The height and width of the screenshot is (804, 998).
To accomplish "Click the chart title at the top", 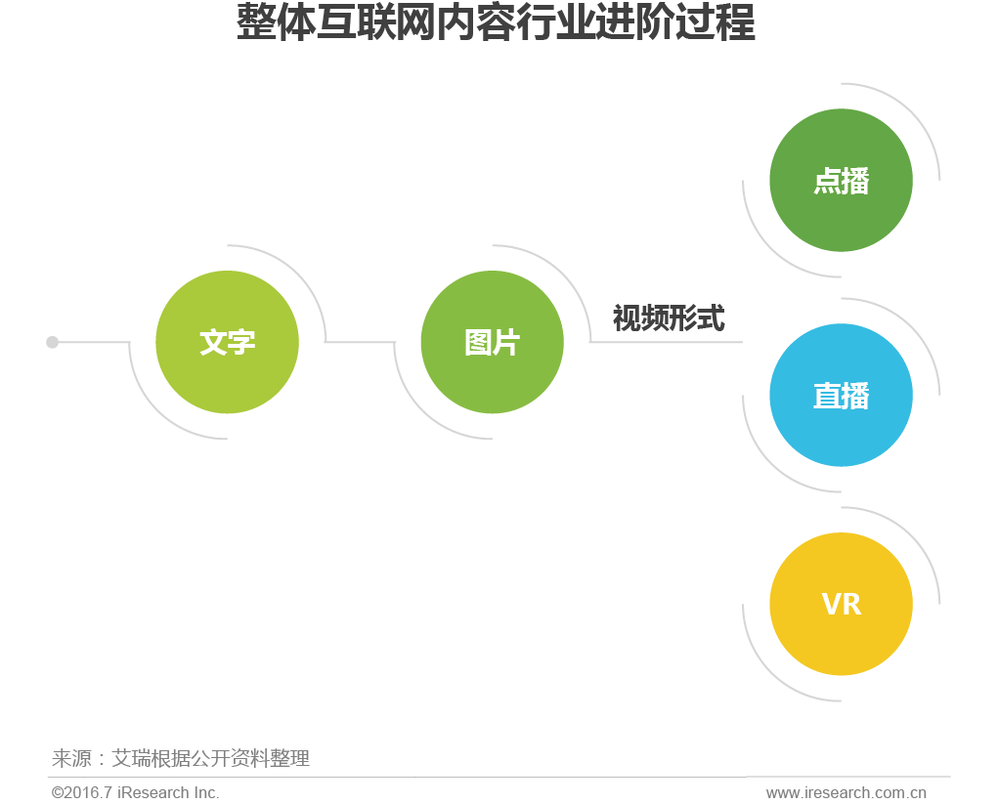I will click(x=496, y=24).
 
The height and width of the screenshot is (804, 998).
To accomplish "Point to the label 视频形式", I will click(x=669, y=318).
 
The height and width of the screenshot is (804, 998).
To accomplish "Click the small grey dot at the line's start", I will click(x=53, y=342).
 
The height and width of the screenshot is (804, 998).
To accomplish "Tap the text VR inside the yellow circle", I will click(x=842, y=605).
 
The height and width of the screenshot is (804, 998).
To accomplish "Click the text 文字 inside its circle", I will click(x=227, y=343).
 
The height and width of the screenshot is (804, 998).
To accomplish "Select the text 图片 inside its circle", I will click(x=492, y=343).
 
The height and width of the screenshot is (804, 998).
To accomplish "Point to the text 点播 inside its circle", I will click(x=841, y=182).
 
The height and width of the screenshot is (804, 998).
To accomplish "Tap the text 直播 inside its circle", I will click(x=841, y=397).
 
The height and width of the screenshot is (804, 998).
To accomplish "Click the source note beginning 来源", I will click(x=181, y=758).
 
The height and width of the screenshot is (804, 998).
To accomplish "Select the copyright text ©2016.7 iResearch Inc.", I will click(x=136, y=792).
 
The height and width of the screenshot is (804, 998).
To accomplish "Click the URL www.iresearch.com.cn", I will click(x=846, y=792).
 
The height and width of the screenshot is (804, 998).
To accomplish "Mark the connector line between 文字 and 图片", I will click(x=360, y=342).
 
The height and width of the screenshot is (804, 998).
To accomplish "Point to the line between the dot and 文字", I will click(x=94, y=342).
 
